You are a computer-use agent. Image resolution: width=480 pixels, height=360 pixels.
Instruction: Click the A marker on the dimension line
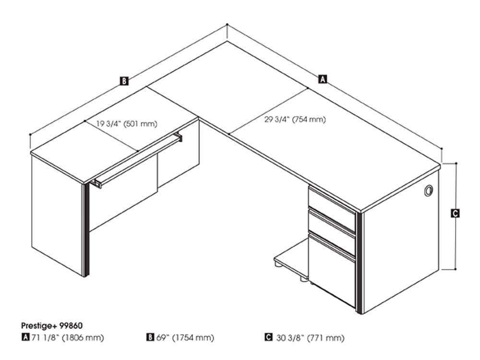pyautogui.click(x=323, y=79)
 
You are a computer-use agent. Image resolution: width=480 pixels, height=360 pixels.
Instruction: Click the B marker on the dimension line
pyautogui.click(x=124, y=81)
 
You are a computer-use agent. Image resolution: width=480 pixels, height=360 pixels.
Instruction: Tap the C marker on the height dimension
pyautogui.click(x=455, y=213)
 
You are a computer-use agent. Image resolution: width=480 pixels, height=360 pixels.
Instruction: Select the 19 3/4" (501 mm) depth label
pyautogui.click(x=127, y=124)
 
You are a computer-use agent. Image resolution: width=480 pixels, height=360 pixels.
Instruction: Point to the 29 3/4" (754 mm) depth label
pyautogui.click(x=295, y=119)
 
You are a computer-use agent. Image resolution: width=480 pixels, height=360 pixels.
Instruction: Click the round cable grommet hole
pyautogui.click(x=429, y=191)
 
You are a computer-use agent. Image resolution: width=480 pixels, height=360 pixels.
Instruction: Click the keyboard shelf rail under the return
pyautogui.click(x=138, y=160)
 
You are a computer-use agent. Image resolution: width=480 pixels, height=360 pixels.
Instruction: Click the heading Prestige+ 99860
pyautogui.click(x=52, y=325)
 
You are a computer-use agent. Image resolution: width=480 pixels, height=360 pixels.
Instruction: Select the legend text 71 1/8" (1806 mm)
pyautogui.click(x=67, y=337)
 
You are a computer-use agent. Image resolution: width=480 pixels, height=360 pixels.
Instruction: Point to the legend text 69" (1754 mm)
pyautogui.click(x=185, y=337)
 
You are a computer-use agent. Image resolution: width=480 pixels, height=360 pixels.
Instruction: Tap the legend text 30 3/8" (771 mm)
pyautogui.click(x=310, y=337)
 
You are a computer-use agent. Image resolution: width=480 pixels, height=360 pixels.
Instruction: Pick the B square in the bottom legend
pyautogui.click(x=150, y=337)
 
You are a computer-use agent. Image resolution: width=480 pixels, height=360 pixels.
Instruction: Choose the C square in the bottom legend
pyautogui.click(x=268, y=337)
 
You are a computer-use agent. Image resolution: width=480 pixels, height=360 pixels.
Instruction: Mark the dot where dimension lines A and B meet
pyautogui.click(x=227, y=24)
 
